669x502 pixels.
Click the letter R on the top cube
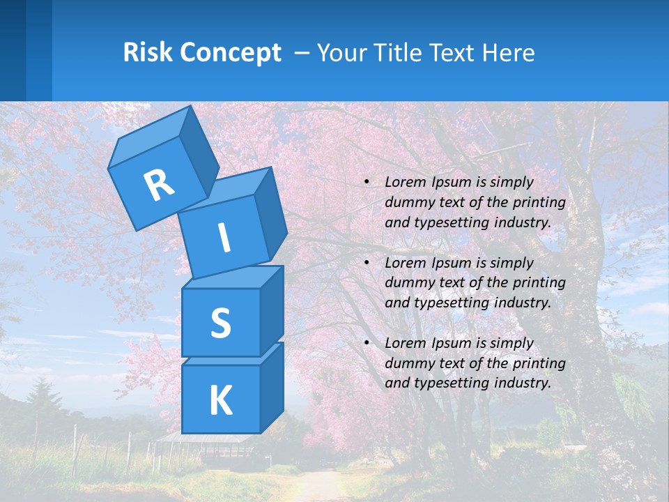pos(159,185)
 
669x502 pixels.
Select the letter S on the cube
pos(220,323)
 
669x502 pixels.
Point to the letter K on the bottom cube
pos(220,401)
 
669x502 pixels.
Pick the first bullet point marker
pos(367,183)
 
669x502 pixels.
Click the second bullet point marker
pos(367,263)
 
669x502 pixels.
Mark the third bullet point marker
pos(367,343)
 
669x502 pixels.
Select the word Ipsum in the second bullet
pos(450,263)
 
